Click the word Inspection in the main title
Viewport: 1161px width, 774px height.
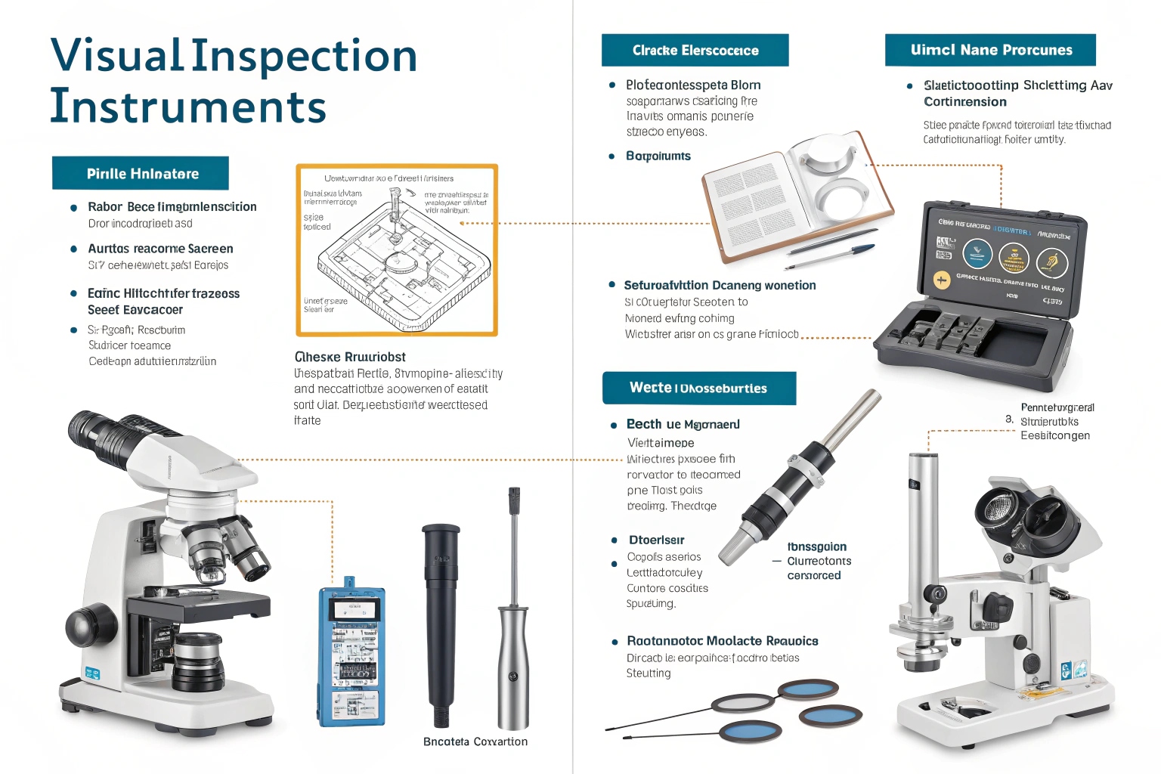coord(304,57)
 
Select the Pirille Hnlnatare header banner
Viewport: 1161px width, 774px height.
coord(141,173)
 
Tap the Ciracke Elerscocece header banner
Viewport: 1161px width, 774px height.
coord(695,50)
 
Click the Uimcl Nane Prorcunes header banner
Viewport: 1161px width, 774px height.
coord(990,50)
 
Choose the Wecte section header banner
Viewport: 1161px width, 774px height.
coord(698,388)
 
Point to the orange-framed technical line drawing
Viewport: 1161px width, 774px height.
coord(397,250)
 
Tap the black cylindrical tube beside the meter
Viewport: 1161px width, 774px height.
coord(441,620)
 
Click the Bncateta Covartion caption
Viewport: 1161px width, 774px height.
coord(475,741)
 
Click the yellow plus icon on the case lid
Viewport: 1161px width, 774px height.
coord(942,280)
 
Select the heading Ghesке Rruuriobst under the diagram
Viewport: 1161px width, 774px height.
coord(350,357)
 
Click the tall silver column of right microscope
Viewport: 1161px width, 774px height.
coord(924,529)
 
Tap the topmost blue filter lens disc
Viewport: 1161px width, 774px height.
coord(808,689)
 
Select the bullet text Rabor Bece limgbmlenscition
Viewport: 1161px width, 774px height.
coord(172,206)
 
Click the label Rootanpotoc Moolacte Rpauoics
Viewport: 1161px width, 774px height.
coord(722,641)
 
